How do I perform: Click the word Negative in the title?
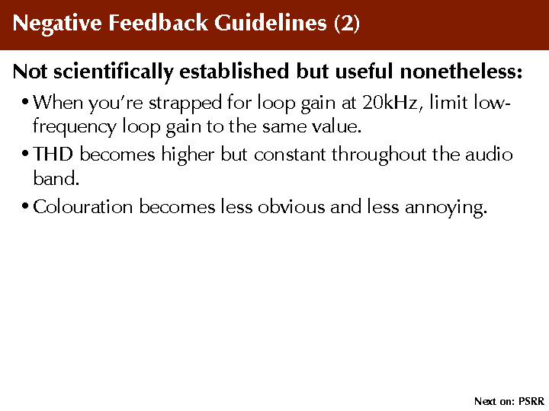(57, 24)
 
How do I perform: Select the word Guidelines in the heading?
(271, 23)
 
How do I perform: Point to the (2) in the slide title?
(347, 24)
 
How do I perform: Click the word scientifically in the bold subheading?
(113, 72)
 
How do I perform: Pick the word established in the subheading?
(234, 71)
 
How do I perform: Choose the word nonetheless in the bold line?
(461, 71)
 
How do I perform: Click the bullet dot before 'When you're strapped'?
(24, 103)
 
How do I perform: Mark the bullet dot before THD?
(24, 154)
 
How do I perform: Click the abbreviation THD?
(53, 154)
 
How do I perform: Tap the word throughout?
(379, 155)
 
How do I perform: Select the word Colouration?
(83, 206)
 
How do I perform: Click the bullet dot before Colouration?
(24, 205)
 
